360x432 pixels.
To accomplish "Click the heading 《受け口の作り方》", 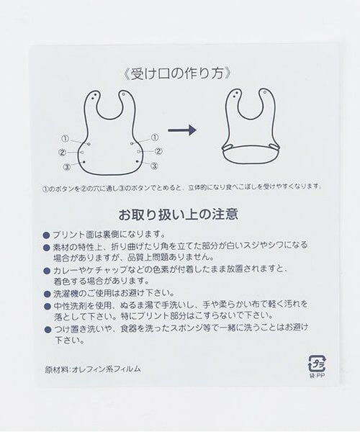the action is pyautogui.click(x=176, y=74).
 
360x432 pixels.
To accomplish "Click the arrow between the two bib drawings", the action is pyautogui.click(x=182, y=130).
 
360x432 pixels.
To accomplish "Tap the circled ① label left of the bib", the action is pyautogui.click(x=65, y=138).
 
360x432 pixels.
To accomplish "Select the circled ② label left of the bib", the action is pyautogui.click(x=62, y=152).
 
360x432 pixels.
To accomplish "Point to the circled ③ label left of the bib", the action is pyautogui.click(x=67, y=167).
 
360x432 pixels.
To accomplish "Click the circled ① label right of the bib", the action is pyautogui.click(x=155, y=138).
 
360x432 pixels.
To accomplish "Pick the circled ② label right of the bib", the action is pyautogui.click(x=158, y=151).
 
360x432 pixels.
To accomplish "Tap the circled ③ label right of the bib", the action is pyautogui.click(x=154, y=166).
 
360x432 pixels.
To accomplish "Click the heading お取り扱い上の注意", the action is pyautogui.click(x=179, y=215).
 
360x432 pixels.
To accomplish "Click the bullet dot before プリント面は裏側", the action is pyautogui.click(x=47, y=235).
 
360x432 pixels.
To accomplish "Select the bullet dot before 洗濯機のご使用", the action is pyautogui.click(x=47, y=294).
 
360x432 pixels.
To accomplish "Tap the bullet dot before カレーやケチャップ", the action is pyautogui.click(x=47, y=271).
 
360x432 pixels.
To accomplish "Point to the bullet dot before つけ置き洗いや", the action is pyautogui.click(x=48, y=329).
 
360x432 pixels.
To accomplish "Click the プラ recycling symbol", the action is pyautogui.click(x=317, y=364).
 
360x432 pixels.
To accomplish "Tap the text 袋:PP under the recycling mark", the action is pyautogui.click(x=318, y=376).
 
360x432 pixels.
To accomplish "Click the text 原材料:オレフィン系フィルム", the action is pyautogui.click(x=93, y=369).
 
